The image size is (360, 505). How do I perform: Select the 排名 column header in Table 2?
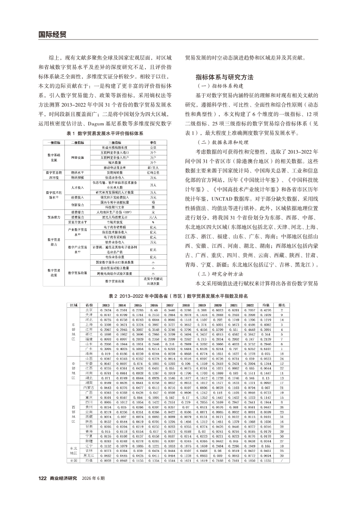point(282,305)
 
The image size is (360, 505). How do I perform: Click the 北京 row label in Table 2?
point(89,310)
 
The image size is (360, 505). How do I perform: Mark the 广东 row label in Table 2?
point(89,348)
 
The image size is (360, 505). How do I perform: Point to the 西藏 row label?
point(89,417)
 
